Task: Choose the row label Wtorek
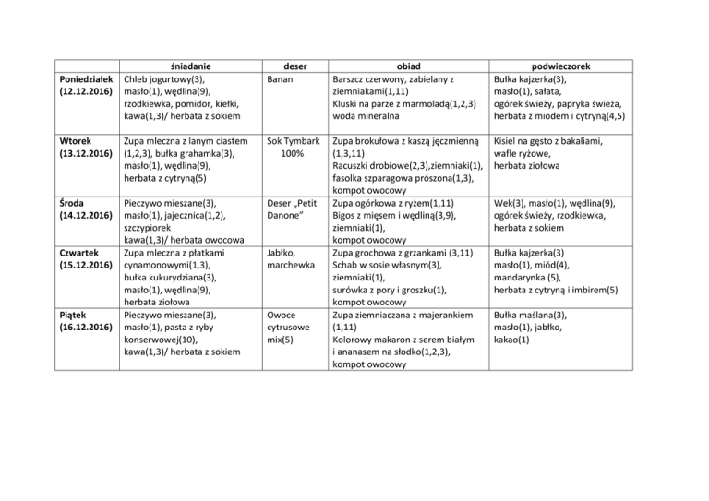pos(73,140)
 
